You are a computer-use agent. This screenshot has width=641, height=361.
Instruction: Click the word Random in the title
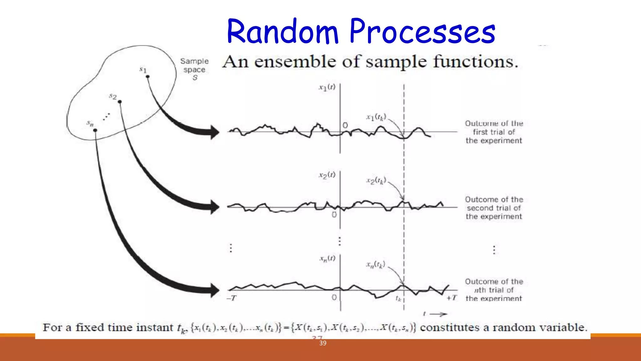click(x=283, y=32)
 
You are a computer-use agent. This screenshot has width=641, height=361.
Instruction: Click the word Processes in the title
click(x=422, y=32)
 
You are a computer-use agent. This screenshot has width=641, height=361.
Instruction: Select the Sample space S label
click(x=194, y=69)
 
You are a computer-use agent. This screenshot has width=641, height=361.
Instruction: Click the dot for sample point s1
click(x=148, y=76)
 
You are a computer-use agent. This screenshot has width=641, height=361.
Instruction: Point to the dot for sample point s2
click(x=120, y=102)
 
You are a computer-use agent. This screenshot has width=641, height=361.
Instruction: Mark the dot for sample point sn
click(x=95, y=130)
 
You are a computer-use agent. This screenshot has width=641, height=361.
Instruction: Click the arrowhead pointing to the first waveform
click(x=215, y=132)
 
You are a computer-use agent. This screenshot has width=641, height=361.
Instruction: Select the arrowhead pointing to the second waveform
click(x=215, y=207)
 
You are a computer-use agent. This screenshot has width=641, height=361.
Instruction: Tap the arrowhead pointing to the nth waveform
click(x=215, y=290)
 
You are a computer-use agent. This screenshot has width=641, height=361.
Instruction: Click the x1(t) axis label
click(x=327, y=87)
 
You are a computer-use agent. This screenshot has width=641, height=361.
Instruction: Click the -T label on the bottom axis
click(x=232, y=298)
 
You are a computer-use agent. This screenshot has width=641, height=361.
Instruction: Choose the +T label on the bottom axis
click(x=452, y=298)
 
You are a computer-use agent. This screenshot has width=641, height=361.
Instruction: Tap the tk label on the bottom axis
click(x=398, y=298)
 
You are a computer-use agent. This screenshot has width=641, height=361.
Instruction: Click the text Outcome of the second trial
click(x=494, y=208)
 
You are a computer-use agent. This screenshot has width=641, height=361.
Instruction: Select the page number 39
click(x=323, y=343)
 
